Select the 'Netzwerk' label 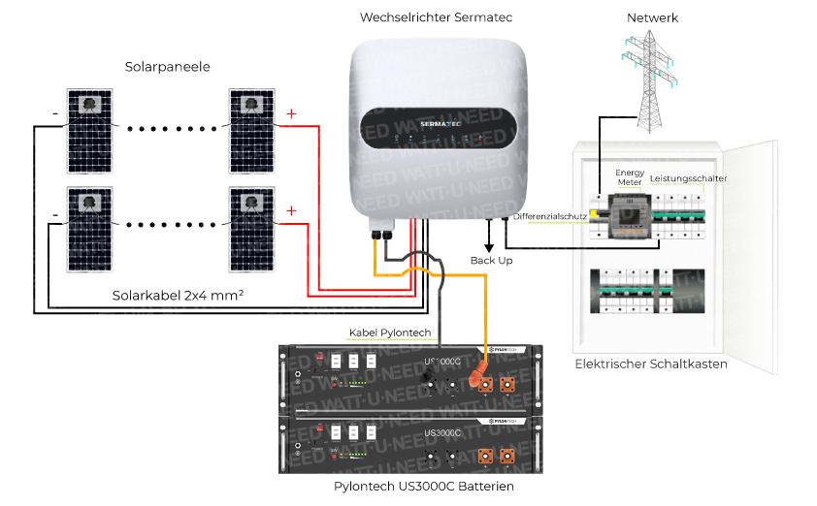[652, 17]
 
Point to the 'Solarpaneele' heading [168, 66]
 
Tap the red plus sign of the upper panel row [290, 114]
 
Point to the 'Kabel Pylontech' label [389, 333]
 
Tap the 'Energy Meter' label [630, 177]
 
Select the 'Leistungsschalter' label [688, 178]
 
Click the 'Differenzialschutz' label [550, 216]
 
